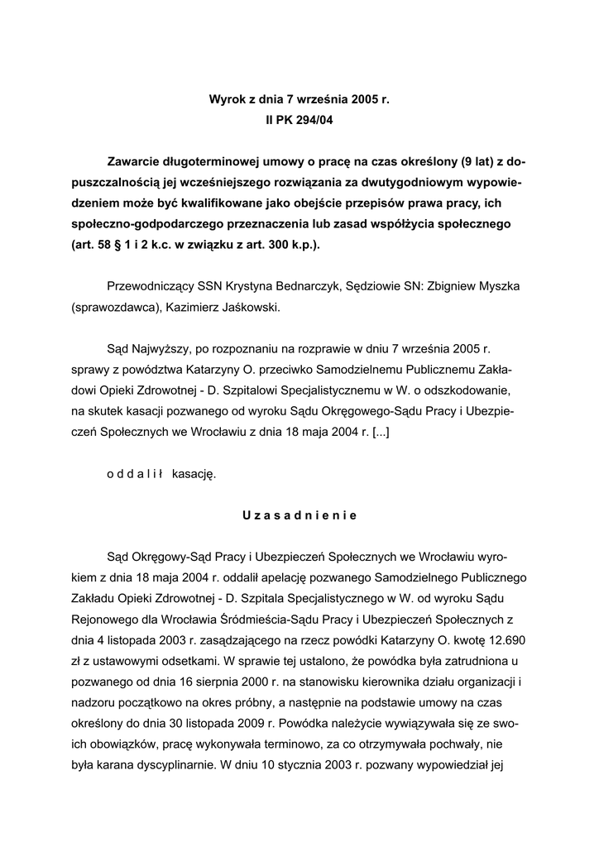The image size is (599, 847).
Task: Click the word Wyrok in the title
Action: (226, 100)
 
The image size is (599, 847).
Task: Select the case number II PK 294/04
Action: (299, 120)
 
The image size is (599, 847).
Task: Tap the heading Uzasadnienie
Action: (299, 515)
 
